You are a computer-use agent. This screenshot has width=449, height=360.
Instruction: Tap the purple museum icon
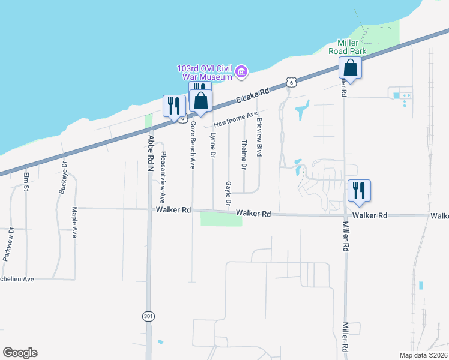pos(241,73)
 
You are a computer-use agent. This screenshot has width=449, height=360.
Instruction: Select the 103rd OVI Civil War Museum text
pos(204,73)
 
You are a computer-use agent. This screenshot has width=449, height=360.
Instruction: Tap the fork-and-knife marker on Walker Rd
pos(359,190)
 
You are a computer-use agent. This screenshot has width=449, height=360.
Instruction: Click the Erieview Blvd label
pos(260,137)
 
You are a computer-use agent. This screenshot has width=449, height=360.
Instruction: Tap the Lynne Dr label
pos(213,146)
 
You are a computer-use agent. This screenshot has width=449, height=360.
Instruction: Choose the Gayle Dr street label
pos(228,193)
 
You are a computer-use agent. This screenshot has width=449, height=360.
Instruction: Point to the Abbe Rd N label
pos(151,152)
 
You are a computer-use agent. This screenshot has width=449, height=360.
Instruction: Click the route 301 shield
pos(149,316)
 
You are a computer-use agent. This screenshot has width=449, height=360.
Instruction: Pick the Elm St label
pos(26,183)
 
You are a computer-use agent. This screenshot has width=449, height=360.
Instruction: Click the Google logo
pos(20,353)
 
